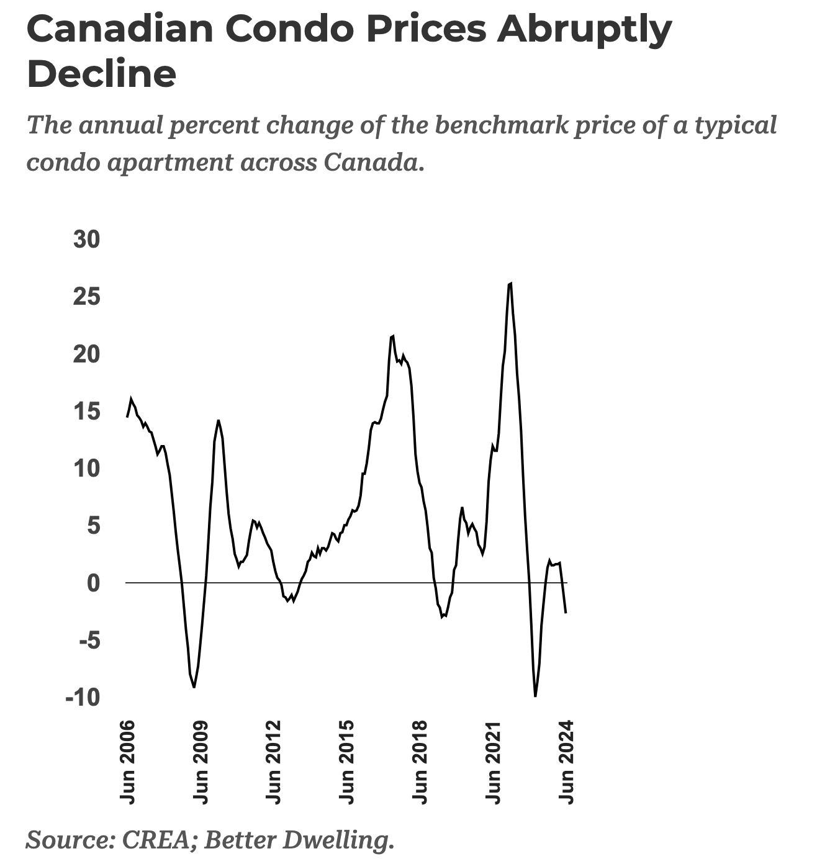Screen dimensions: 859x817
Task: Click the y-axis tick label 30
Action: click(x=86, y=240)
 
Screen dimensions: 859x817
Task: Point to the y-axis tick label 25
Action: click(x=86, y=297)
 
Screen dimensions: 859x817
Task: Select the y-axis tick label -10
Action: click(x=82, y=698)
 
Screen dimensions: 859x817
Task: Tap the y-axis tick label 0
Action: click(x=93, y=583)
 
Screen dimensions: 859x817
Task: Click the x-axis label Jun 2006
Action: click(x=127, y=762)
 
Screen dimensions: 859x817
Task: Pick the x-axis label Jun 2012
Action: click(x=273, y=762)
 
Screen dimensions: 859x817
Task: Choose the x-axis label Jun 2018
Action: click(x=420, y=762)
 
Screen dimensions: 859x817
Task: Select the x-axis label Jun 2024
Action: click(x=566, y=762)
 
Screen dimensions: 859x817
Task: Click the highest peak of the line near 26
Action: click(x=510, y=284)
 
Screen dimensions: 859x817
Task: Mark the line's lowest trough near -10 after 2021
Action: click(x=535, y=696)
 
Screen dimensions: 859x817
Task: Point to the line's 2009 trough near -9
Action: click(x=194, y=687)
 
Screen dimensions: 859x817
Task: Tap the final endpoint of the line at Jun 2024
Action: click(x=566, y=613)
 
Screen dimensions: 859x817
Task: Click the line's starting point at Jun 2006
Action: click(x=127, y=416)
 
